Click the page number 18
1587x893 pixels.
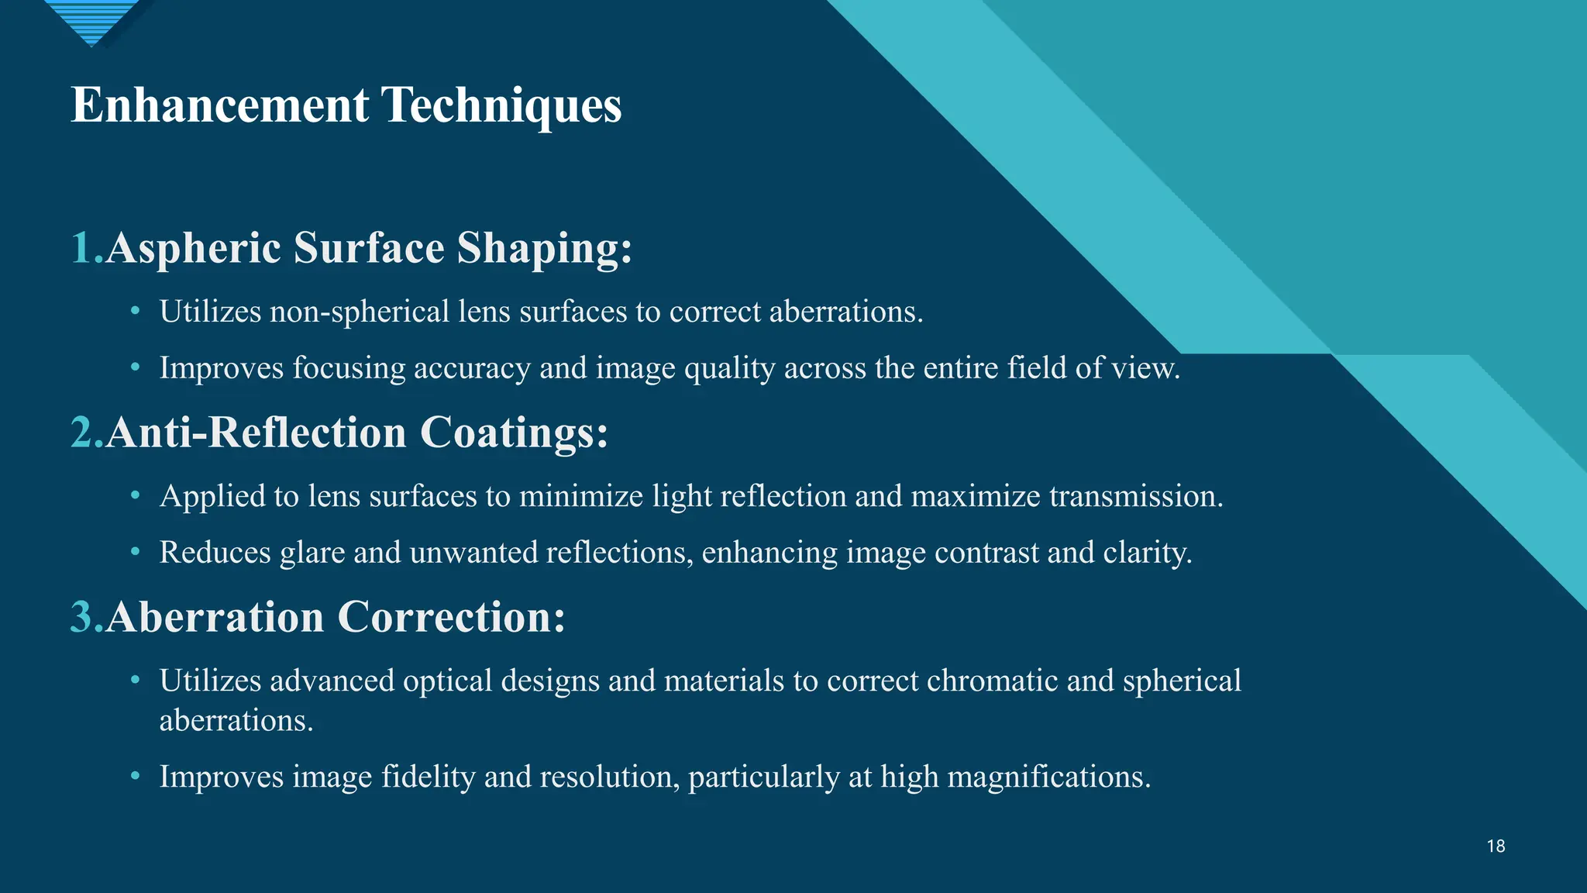1496,846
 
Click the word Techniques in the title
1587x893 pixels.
501,106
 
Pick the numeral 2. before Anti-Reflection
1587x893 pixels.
87,432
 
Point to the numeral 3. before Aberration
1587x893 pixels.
87,617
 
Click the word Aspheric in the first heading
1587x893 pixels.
198,250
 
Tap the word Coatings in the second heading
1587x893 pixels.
514,433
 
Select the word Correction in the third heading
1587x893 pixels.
452,617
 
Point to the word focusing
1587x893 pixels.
349,368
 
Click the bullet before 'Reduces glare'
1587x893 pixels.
136,552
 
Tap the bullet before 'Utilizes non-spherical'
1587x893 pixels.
136,311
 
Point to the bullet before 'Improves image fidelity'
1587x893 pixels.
136,776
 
